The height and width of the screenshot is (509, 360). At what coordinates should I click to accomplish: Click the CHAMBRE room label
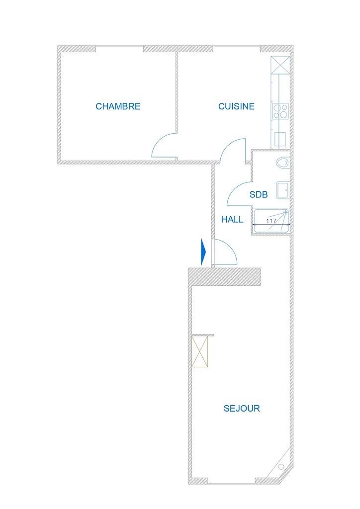click(118, 106)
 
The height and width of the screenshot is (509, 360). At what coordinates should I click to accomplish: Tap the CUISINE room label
click(236, 106)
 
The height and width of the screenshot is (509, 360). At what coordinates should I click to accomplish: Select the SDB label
click(259, 194)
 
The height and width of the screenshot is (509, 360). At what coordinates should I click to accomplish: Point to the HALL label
click(232, 219)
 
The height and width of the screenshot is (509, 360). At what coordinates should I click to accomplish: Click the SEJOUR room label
click(242, 409)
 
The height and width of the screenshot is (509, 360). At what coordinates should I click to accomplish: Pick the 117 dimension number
click(271, 221)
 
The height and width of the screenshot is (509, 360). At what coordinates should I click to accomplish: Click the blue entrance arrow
click(203, 252)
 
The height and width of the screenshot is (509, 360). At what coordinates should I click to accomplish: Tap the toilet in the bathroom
click(282, 163)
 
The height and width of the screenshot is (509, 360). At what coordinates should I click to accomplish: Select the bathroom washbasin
click(282, 190)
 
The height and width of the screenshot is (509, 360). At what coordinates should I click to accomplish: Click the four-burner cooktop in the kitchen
click(280, 111)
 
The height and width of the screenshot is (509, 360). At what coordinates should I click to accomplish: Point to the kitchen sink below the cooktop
click(280, 139)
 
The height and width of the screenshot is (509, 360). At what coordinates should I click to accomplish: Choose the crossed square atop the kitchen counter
click(280, 65)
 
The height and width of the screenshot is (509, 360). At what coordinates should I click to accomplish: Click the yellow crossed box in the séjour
click(200, 351)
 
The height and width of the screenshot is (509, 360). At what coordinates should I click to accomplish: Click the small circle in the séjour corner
click(281, 467)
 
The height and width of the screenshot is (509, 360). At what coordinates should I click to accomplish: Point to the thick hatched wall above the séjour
click(225, 277)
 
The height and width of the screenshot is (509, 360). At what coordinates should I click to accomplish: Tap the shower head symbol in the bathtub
click(285, 212)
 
